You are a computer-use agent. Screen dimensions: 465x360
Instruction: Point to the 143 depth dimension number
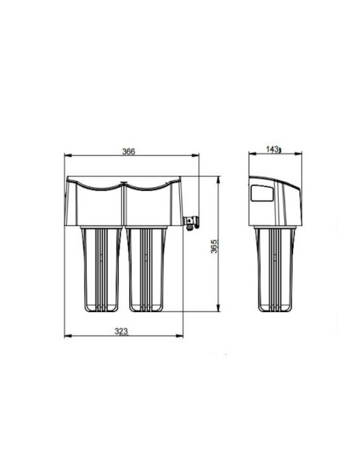pyautogui.click(x=273, y=149)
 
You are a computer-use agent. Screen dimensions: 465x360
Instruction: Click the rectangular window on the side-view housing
pyautogui.click(x=260, y=194)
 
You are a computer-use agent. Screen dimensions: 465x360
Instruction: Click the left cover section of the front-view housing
pyautogui.click(x=96, y=203)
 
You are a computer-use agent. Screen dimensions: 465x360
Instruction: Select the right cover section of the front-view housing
pyautogui.click(x=153, y=203)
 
